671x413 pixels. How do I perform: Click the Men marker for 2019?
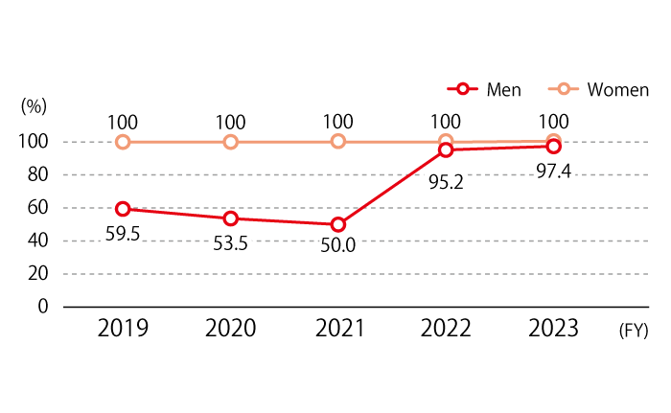123,209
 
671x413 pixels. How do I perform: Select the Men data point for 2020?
231,218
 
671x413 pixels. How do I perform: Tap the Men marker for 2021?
338,224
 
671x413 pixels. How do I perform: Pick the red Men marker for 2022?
446,149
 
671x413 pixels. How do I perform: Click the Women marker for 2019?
123,142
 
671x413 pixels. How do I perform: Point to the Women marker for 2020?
231,142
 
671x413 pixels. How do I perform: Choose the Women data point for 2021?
338,142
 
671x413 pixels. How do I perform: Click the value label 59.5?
123,234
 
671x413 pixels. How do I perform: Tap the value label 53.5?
231,243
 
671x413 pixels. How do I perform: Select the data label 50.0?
338,245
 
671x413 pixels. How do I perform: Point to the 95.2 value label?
446,182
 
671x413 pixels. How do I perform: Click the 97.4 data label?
554,172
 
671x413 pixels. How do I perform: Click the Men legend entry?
484,89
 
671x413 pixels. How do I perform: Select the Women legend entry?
598,89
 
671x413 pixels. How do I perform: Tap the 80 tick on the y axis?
37,174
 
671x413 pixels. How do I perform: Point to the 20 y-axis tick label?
37,273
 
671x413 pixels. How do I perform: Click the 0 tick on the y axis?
43,307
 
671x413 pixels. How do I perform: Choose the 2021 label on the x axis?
339,329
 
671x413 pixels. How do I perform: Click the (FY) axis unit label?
634,331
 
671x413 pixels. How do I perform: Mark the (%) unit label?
34,106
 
